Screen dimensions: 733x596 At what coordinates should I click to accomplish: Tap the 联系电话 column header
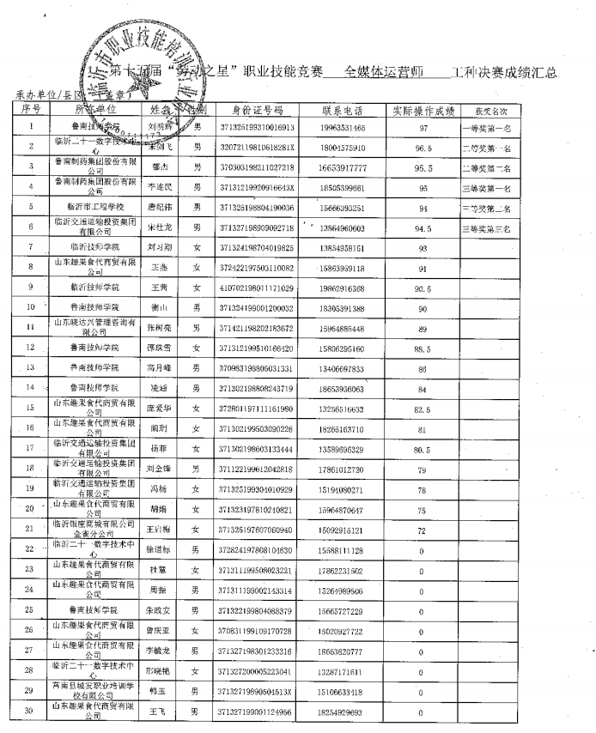click(x=343, y=110)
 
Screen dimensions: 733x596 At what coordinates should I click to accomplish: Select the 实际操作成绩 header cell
click(x=423, y=110)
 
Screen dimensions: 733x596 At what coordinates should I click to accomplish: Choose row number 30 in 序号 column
click(x=31, y=712)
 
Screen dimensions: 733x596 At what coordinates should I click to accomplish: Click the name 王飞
click(x=157, y=712)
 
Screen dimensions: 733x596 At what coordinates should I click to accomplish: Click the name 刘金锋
click(x=157, y=469)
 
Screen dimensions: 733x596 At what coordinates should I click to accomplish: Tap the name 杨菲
click(x=157, y=449)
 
